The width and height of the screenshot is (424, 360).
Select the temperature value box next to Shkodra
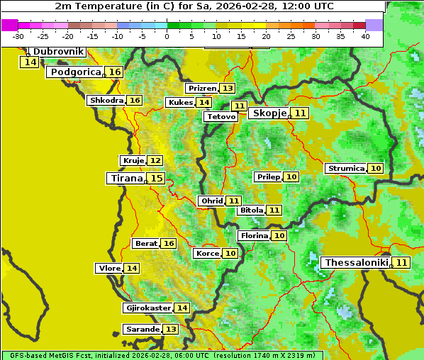(135, 100)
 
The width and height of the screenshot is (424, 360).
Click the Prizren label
(202, 89)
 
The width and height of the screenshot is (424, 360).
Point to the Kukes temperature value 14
(204, 102)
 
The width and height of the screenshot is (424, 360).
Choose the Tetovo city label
(221, 116)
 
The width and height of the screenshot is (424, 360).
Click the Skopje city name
(269, 113)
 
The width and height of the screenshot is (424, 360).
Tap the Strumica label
(346, 169)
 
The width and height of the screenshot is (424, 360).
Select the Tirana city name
(125, 179)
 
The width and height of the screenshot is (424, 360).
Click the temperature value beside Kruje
(155, 161)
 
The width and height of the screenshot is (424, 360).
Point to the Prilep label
(269, 176)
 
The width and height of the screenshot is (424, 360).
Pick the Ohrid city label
(212, 201)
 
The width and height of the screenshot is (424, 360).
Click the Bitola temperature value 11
(274, 210)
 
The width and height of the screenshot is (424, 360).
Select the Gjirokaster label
(147, 308)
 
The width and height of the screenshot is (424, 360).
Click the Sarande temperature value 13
(171, 330)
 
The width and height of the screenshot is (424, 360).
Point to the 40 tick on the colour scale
(365, 35)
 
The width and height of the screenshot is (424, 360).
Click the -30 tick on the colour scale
(18, 35)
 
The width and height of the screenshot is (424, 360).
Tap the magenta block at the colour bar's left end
(9, 25)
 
